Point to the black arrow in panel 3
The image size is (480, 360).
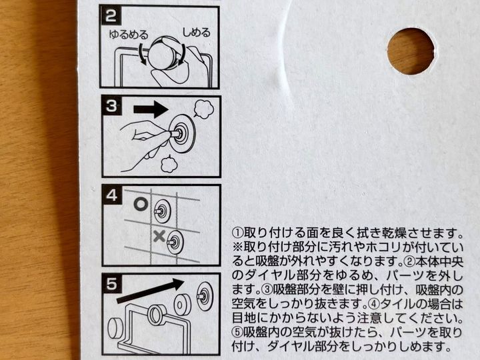point(150,109)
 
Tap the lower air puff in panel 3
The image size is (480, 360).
point(169,164)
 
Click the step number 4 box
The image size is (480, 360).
point(112,196)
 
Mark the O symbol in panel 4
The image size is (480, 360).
point(140,205)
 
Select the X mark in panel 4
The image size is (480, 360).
point(159,235)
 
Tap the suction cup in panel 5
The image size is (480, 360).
point(204,293)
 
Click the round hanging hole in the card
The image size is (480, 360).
point(411,51)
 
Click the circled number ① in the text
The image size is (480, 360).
point(238,233)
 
